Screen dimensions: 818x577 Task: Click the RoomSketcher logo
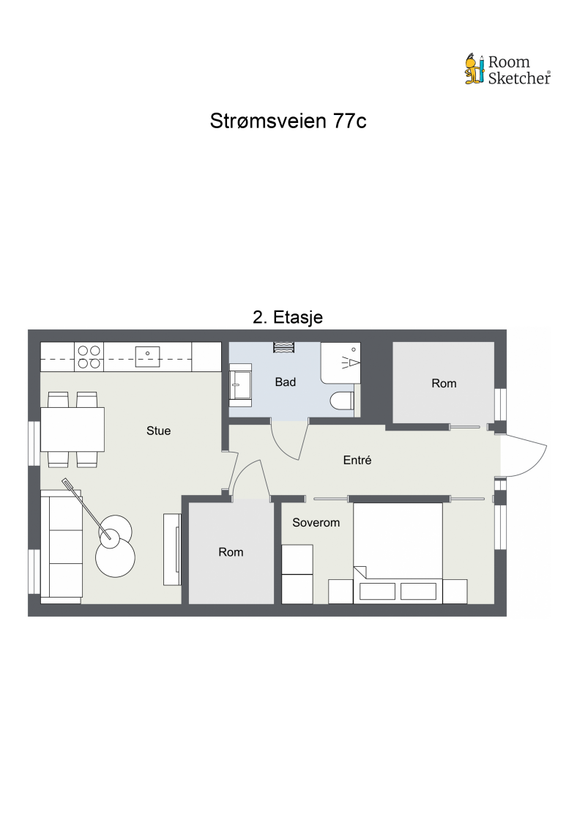507,70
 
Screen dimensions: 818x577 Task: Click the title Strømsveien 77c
288,121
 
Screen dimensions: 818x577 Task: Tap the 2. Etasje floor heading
288,317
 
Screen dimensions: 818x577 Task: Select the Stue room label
158,431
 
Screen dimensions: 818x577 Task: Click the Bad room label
285,382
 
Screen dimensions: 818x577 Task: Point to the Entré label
357,460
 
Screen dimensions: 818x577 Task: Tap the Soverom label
316,523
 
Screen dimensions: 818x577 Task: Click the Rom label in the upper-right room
444,383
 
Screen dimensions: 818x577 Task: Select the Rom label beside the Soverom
231,552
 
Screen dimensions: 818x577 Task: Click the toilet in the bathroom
342,401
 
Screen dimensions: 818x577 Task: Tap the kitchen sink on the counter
148,356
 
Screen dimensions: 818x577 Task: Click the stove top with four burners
89,357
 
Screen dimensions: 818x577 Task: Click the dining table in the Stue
72,429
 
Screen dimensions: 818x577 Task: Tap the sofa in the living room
61,546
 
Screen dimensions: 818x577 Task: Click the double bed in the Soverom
398,553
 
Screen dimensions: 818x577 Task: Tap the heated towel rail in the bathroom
283,347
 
